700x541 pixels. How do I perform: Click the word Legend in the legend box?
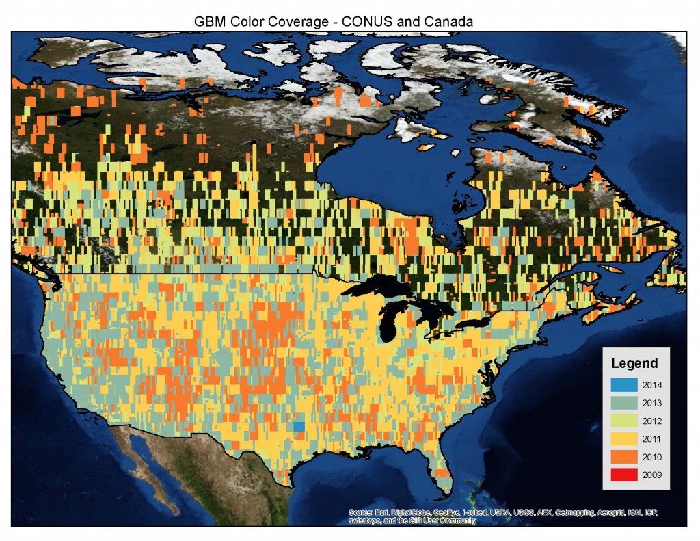pyautogui.click(x=634, y=363)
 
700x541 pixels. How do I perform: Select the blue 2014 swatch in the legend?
pyautogui.click(x=624, y=384)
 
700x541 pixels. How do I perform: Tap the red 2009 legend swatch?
pyautogui.click(x=624, y=475)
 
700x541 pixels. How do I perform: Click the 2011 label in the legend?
pyautogui.click(x=652, y=439)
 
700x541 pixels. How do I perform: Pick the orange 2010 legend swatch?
pyautogui.click(x=624, y=457)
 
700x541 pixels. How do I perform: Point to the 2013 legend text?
pyautogui.click(x=652, y=403)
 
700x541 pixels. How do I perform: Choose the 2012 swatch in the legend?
pyautogui.click(x=624, y=421)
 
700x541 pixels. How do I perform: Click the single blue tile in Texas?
pyautogui.click(x=299, y=426)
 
